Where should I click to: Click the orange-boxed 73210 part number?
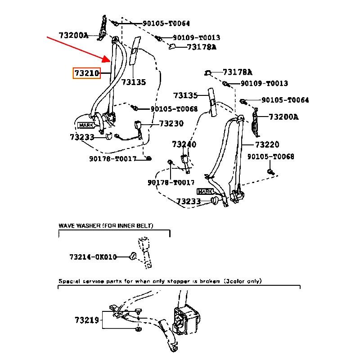point(86,73)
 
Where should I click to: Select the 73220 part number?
point(267,144)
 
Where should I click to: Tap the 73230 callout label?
point(171,123)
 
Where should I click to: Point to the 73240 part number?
point(184,144)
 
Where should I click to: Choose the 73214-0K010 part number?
point(93,257)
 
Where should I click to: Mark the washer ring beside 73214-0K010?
point(133,257)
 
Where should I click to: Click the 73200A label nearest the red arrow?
point(73,35)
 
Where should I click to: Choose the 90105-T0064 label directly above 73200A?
point(166,23)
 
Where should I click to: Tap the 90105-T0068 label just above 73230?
point(174,109)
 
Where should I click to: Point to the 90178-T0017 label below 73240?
point(171,182)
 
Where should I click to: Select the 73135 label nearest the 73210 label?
point(134,82)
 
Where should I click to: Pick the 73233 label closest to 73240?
point(188,202)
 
